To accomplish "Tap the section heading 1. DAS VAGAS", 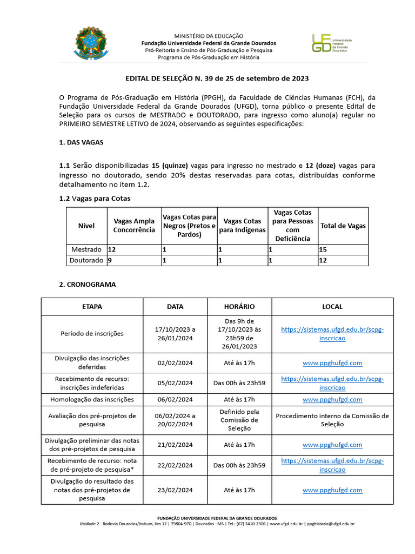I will point(81,142).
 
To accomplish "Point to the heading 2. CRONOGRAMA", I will point(87,284).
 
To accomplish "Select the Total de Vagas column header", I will point(343,226).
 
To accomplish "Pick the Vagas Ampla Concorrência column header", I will point(133,226).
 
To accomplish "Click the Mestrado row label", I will point(86,249).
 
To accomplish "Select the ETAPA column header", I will point(92,306).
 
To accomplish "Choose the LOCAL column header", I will point(332,306).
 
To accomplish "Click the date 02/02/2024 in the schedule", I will point(175,363).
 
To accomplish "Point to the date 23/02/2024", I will point(175,490).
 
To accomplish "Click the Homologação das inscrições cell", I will point(92,399).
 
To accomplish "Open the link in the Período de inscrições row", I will point(332,334).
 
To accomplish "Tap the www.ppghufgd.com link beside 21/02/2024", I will point(332,445).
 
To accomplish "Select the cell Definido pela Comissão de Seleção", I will point(239,420).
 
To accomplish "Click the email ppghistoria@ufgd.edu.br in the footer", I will point(330,524).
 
